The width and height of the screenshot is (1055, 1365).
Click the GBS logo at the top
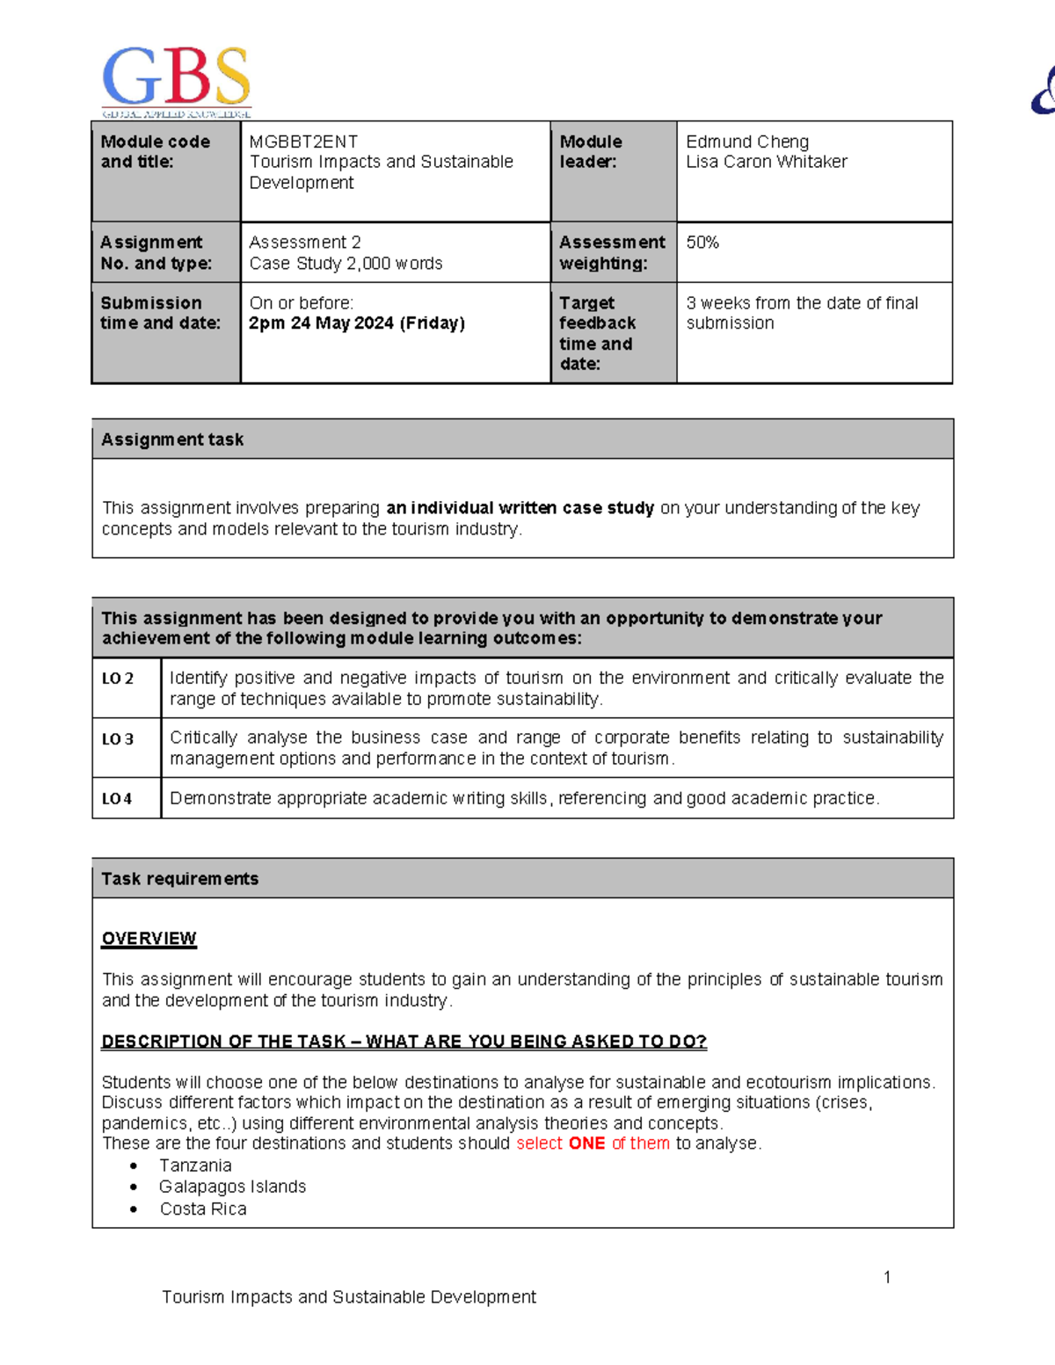[177, 82]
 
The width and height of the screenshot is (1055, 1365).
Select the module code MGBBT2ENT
[303, 142]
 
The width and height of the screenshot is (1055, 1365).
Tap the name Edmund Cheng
[747, 142]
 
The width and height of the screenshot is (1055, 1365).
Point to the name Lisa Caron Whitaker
[767, 162]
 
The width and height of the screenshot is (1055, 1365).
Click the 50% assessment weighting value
[702, 243]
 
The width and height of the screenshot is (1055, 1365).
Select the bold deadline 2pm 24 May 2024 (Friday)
[357, 323]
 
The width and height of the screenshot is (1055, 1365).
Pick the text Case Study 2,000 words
[346, 264]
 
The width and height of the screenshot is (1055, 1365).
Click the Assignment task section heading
[172, 439]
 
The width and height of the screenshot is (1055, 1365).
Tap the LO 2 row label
[118, 679]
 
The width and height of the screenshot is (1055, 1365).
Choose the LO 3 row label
[118, 739]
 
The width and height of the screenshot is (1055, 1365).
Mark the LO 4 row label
[117, 799]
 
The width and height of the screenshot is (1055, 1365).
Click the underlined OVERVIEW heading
[149, 939]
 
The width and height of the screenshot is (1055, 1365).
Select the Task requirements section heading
[179, 879]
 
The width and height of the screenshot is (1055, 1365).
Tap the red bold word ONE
[586, 1144]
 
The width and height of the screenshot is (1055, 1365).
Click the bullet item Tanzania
[195, 1165]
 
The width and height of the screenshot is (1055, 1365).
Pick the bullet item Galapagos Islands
[232, 1187]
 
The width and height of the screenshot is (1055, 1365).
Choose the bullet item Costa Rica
[203, 1209]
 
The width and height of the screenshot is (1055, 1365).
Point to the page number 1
[887, 1277]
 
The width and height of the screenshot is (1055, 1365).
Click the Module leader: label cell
[591, 151]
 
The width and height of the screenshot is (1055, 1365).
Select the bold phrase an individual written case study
[520, 508]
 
